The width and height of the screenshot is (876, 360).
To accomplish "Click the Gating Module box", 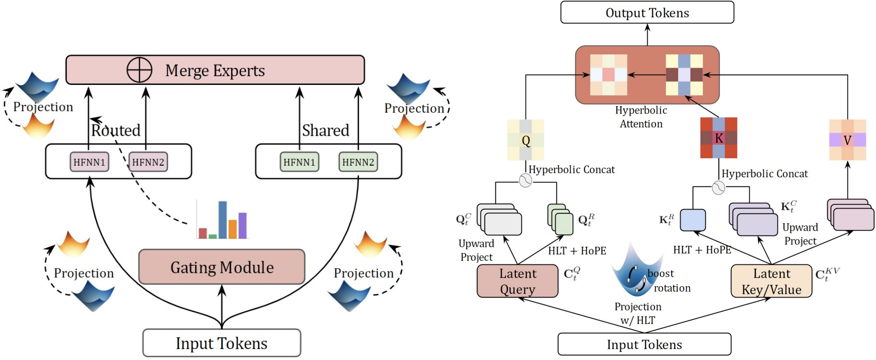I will pos(221,267).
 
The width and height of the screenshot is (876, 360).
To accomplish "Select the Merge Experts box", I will pos(215,70).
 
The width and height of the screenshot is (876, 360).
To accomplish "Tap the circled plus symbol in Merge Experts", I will pos(139,70).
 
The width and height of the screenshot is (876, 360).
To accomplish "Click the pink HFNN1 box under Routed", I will pos(89,162).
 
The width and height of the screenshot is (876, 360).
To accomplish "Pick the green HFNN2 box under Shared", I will pos(358,162).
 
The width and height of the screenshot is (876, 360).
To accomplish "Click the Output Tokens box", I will pos(647,12).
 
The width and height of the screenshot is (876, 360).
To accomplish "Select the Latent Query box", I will pos(517,281).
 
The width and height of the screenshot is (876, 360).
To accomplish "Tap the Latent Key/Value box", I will pos(771,281).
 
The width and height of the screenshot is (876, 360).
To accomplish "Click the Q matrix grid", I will pos(525,140).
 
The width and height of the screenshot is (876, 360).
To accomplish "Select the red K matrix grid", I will pos(718,138).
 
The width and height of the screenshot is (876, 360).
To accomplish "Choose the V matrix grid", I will pos(847,140).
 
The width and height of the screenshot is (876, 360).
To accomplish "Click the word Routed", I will pos(116,131).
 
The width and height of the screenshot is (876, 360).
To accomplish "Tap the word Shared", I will pos(325,131).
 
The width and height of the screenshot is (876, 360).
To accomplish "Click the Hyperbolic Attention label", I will pos(641,117).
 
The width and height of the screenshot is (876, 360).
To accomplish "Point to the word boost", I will pos(661,274).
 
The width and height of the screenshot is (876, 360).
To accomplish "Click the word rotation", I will pos(672,288).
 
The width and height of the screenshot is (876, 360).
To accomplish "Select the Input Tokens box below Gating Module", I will pos(221,343).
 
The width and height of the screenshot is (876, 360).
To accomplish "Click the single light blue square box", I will pos(693,220).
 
